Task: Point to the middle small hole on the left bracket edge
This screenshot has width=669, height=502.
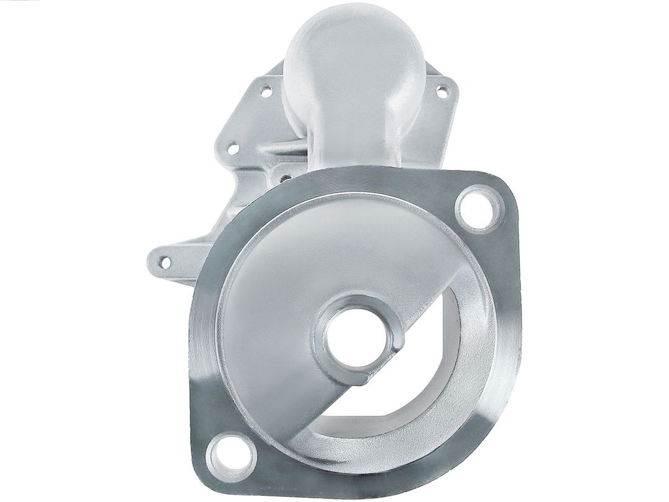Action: [x=233, y=149]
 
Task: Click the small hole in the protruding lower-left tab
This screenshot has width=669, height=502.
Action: [x=165, y=262]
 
